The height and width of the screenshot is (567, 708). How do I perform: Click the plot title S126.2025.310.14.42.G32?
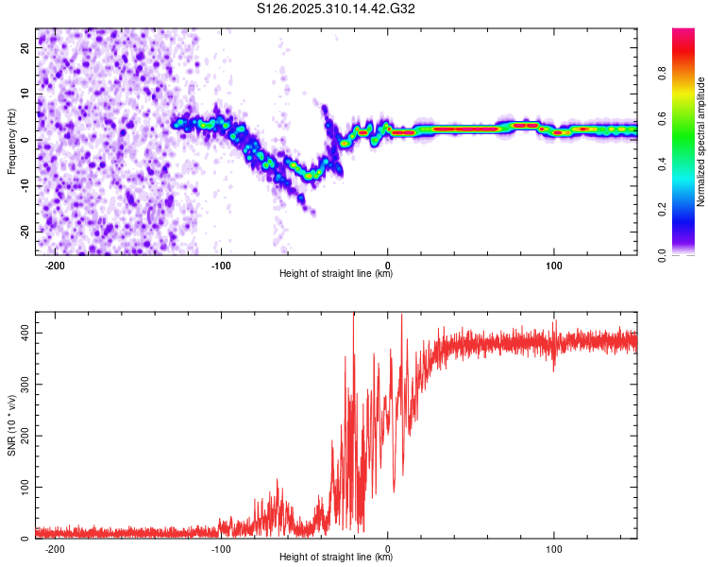(336, 9)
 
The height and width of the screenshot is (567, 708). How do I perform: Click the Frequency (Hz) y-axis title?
(11, 142)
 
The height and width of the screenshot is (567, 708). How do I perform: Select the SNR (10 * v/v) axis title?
(11, 425)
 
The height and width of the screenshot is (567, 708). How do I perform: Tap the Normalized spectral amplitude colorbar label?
(701, 142)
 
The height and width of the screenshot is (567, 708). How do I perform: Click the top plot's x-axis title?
(336, 274)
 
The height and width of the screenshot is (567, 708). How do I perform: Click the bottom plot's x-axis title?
(336, 558)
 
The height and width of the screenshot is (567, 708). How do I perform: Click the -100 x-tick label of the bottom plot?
(221, 547)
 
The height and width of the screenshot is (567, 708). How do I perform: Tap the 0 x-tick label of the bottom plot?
(388, 547)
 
